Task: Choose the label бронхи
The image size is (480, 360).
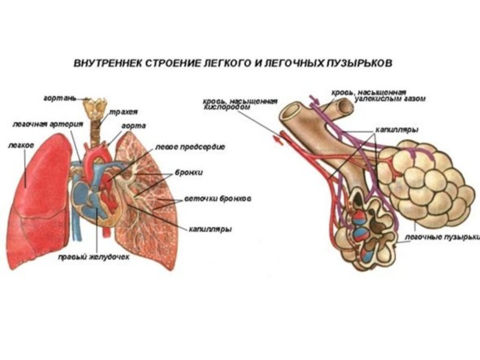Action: (x=188, y=172)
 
